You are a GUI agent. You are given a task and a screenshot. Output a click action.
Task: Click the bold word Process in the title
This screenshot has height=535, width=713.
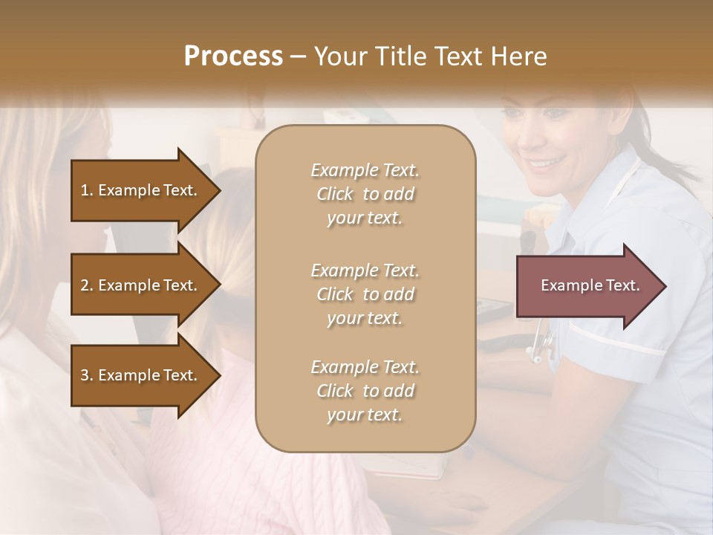pyautogui.click(x=233, y=56)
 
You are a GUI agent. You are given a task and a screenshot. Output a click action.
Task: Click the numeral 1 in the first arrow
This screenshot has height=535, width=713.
pyautogui.click(x=85, y=190)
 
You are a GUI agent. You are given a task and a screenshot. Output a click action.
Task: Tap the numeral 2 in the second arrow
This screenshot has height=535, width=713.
pyautogui.click(x=85, y=285)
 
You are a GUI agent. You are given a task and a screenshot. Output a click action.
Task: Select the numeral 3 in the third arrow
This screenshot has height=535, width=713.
pyautogui.click(x=85, y=375)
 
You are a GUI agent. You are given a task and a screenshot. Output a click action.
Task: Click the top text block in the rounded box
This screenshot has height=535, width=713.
pyautogui.click(x=365, y=194)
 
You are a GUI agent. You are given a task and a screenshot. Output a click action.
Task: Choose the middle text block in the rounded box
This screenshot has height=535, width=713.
pyautogui.click(x=365, y=294)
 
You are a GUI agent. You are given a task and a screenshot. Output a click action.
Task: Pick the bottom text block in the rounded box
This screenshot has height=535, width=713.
pyautogui.click(x=365, y=391)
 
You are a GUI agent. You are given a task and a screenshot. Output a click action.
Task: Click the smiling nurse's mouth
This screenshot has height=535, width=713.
pyautogui.click(x=546, y=161)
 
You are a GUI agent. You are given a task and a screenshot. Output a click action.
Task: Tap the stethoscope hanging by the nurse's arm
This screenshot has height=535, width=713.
pyautogui.click(x=541, y=343)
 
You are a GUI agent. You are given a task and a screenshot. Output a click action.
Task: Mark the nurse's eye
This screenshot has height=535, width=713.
pyautogui.click(x=556, y=114)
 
